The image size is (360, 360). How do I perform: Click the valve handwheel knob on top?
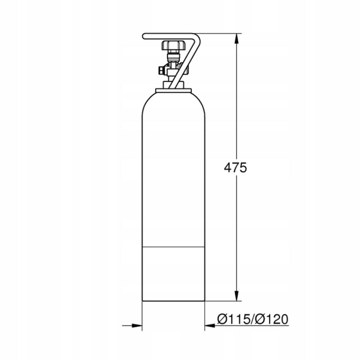tap(173, 45)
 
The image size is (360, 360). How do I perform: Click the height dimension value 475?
tap(235, 167)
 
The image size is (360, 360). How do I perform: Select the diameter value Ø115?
tap(233, 319)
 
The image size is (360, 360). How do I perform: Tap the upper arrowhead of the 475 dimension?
tap(237, 38)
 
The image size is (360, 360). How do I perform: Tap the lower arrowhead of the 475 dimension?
tap(237, 296)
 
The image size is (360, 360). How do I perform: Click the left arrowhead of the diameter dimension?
tap(137, 326)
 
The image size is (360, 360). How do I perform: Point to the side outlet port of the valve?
tap(161, 70)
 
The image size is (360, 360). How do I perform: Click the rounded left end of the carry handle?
tap(144, 36)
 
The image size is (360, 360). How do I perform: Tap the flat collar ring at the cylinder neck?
tap(173, 90)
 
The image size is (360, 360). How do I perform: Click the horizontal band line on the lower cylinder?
tap(173, 247)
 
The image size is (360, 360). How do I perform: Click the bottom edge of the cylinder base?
tap(173, 301)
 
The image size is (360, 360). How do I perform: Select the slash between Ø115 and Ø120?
tap(252, 319)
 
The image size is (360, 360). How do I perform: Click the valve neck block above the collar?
tap(173, 83)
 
